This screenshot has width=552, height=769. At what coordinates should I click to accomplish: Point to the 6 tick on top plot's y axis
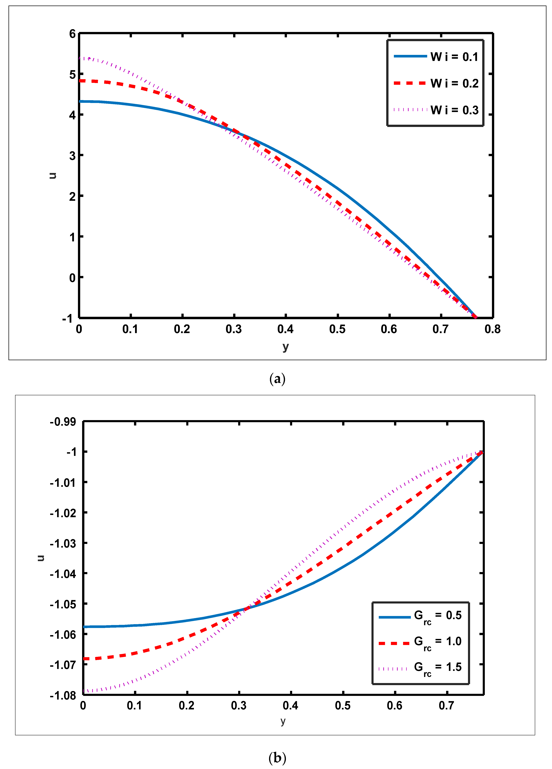point(72,34)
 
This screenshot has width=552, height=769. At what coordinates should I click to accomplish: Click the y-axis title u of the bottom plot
point(41,558)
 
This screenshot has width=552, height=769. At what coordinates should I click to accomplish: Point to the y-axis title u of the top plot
point(53,175)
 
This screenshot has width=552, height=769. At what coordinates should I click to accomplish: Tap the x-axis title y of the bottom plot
point(283,721)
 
